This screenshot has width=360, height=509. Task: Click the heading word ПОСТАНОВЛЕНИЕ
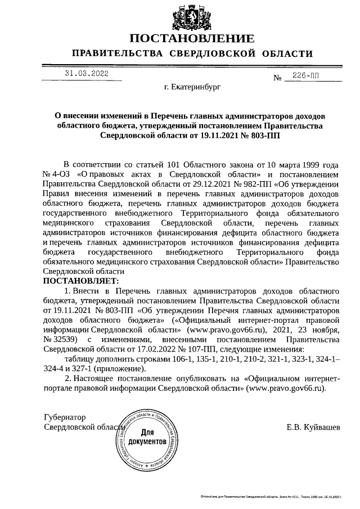pos(192,39)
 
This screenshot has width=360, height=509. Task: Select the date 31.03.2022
pos(85,73)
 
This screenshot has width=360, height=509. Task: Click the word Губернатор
pos(65,417)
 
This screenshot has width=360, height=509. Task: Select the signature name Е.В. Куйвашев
pos(313,427)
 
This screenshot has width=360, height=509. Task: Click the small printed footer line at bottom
pos(271,497)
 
